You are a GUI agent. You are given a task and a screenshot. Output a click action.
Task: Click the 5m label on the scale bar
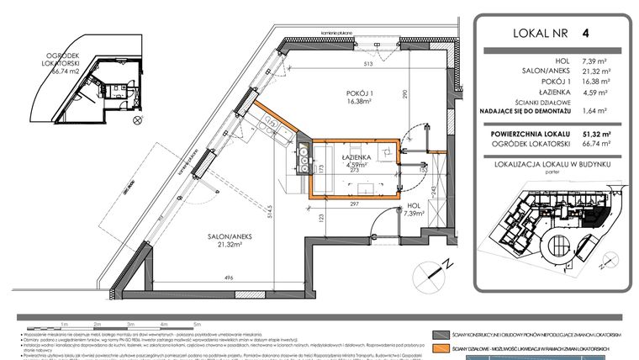(x=196, y=323)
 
